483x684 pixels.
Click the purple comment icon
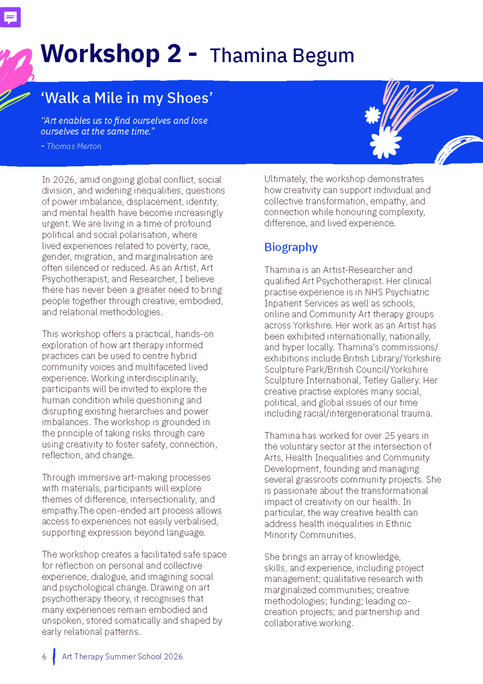[x=11, y=18]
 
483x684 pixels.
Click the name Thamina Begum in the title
[x=282, y=56]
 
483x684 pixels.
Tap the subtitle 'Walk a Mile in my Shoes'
[x=127, y=98]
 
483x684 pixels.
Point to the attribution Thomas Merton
[x=74, y=146]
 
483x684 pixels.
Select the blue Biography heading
[x=291, y=247]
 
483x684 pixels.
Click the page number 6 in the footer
[x=44, y=657]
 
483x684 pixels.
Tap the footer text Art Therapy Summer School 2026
[x=122, y=657]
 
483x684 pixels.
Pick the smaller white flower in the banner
[x=372, y=116]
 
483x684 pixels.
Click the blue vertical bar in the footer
[x=54, y=657]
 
